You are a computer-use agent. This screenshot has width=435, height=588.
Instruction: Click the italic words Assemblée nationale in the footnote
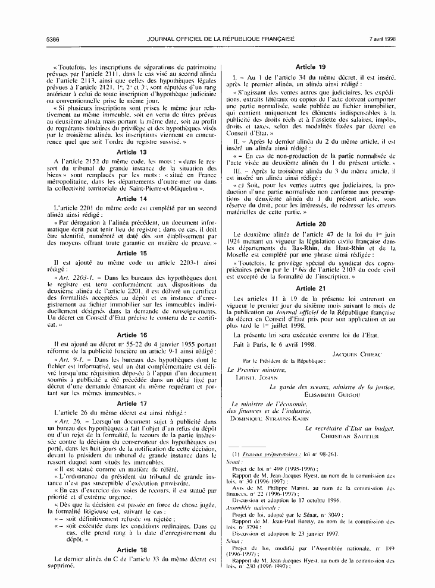coord(247,509)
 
